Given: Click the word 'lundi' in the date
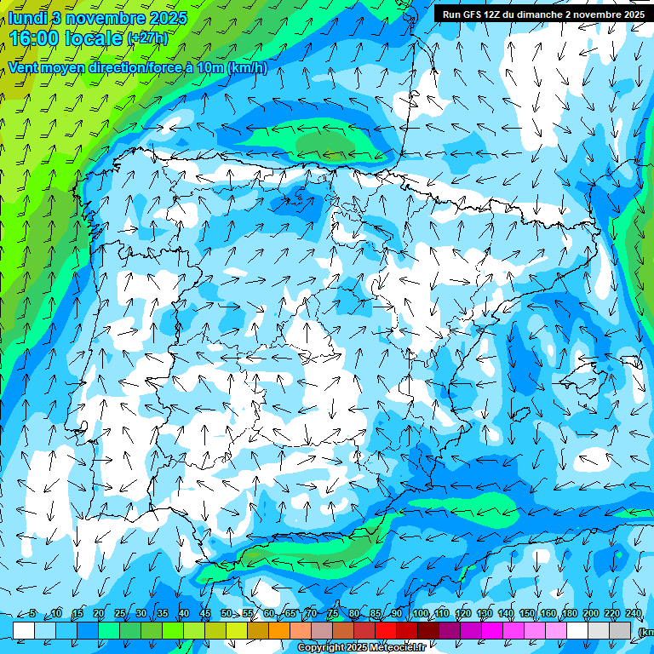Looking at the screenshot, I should click(27, 18).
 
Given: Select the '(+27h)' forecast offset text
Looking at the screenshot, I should click(147, 38).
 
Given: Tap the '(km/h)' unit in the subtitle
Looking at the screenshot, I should click(248, 68).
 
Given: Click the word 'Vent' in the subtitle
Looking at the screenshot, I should click(25, 68).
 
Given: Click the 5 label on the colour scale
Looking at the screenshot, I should click(32, 614).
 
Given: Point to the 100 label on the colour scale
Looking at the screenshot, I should click(421, 614).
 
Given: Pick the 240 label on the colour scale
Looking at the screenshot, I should click(633, 614).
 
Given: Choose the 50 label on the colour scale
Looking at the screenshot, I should click(226, 614).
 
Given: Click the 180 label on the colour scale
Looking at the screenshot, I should click(569, 614).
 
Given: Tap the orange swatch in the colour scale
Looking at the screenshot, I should click(279, 630).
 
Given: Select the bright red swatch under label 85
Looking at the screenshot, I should click(386, 630).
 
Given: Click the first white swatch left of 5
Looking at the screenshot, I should click(24, 630).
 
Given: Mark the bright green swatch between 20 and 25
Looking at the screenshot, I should click(109, 630).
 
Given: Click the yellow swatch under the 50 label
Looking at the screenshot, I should click(237, 630).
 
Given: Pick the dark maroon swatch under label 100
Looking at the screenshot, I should click(428, 630).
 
